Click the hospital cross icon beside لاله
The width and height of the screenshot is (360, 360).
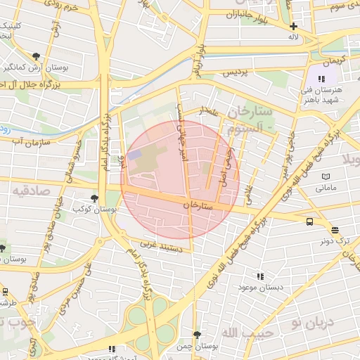(294, 26)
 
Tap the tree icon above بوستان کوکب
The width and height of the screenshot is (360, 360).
(95, 198)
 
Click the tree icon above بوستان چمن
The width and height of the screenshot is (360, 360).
(197, 335)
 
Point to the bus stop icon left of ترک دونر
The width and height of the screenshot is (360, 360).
(310, 222)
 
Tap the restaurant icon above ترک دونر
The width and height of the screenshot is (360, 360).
(335, 230)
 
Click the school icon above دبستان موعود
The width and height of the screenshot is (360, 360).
(260, 277)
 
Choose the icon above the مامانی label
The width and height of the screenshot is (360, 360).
(324, 176)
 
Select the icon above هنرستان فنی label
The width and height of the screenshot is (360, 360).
(321, 79)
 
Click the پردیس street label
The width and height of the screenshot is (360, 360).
(236, 72)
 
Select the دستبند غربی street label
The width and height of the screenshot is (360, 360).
(162, 247)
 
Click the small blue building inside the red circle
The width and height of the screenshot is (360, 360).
(135, 153)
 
